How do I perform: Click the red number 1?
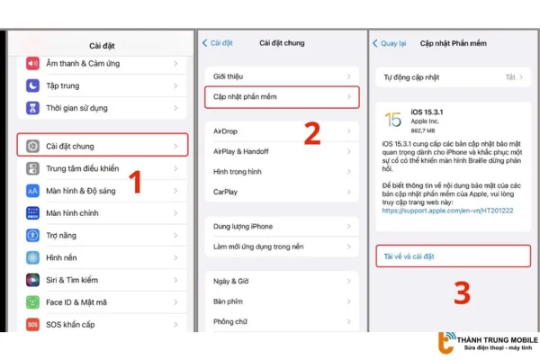point(136,183)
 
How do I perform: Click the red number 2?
point(311,133)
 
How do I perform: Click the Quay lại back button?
point(391,42)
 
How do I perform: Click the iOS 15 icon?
point(393,120)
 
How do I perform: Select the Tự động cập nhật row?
point(450,77)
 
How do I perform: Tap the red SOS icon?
point(32,324)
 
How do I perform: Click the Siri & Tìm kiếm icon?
point(32,280)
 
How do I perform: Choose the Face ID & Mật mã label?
point(79,302)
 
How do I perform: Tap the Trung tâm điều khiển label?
point(82,168)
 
